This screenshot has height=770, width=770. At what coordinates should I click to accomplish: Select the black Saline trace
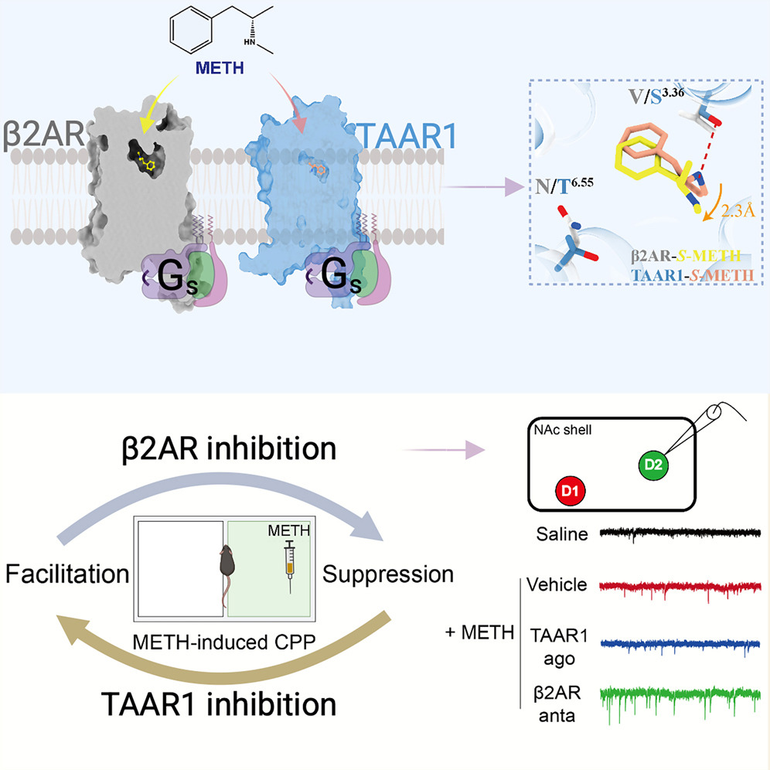click(x=680, y=532)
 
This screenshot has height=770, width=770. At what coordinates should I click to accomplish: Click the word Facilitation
click(x=66, y=574)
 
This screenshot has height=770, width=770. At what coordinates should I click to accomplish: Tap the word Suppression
click(x=387, y=574)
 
